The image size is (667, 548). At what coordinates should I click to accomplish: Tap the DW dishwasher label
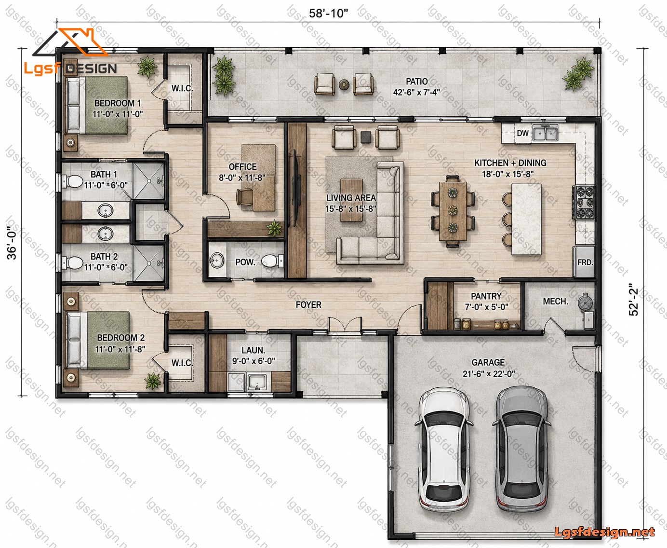point(522,133)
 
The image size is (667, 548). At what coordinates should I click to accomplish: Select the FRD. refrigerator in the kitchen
point(585,262)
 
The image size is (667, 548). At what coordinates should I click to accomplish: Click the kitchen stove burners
point(584,202)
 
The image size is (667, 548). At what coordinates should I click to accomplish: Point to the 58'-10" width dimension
point(328,13)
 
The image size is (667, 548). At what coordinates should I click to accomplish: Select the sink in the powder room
point(217,260)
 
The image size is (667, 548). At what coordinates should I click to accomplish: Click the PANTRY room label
point(486,296)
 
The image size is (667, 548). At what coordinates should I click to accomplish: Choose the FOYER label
point(308,304)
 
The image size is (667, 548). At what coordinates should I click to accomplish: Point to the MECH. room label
point(555,301)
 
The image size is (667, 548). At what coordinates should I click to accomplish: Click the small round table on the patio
point(344,84)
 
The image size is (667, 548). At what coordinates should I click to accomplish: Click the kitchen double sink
point(545,133)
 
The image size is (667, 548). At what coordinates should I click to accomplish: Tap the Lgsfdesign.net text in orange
point(604,532)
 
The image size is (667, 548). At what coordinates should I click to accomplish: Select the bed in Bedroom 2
point(97,340)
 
